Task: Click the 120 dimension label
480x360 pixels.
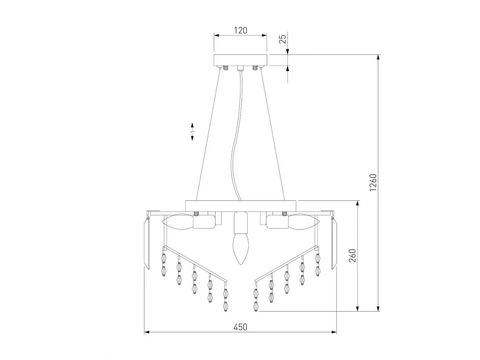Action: (240, 31)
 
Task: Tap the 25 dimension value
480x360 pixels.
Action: (283, 39)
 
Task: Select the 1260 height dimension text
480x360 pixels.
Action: (373, 182)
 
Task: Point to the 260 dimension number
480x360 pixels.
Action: (352, 255)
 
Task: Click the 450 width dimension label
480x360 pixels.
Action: (240, 327)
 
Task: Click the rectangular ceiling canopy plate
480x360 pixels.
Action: (240, 60)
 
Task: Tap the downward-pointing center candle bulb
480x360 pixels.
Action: (240, 249)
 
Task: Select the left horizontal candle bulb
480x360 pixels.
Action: (178, 222)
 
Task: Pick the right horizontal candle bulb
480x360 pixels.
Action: (304, 222)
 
